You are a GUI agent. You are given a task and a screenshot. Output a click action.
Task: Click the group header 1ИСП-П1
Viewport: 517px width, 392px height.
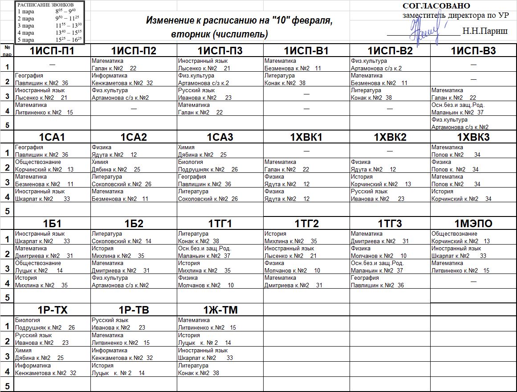(52, 51)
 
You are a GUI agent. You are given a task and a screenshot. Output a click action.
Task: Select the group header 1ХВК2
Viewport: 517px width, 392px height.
(390, 137)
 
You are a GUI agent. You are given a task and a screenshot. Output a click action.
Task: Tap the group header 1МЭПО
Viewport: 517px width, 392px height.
(473, 224)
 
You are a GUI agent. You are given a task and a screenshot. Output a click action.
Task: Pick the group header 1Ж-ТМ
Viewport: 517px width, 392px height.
(220, 310)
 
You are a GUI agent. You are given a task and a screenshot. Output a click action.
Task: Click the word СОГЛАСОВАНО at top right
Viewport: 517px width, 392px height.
(436, 6)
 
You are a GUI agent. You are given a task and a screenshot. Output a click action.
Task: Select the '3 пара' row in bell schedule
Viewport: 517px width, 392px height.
(49, 25)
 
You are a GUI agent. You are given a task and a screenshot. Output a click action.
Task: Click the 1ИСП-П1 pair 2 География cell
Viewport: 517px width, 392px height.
(52, 79)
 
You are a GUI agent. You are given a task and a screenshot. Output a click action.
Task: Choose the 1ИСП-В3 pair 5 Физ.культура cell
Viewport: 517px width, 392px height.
(473, 123)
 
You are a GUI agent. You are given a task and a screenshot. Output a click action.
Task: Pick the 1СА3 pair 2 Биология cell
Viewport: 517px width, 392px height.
(220, 166)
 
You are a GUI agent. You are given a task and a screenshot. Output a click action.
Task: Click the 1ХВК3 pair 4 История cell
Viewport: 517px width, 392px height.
(473, 195)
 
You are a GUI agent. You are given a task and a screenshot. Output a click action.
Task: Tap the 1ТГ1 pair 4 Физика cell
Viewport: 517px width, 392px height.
(220, 282)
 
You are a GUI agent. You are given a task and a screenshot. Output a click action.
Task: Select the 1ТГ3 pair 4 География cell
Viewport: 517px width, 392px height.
(390, 282)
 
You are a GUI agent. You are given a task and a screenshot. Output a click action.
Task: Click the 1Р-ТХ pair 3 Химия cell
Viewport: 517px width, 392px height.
(52, 354)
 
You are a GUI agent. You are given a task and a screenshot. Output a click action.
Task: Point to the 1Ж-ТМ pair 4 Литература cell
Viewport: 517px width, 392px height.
(220, 369)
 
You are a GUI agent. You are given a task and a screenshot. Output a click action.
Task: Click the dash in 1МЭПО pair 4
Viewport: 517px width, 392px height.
(473, 282)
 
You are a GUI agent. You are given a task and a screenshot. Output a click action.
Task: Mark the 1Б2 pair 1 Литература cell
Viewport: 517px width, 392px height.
(134, 237)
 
